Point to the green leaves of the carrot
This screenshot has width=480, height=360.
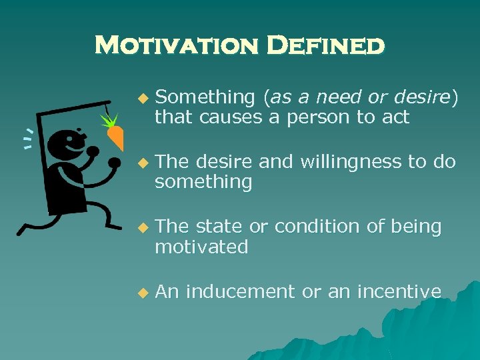[x=108, y=120]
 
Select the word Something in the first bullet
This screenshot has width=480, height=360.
[x=205, y=98]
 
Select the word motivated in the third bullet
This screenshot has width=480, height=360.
[x=201, y=247]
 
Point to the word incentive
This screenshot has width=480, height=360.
[x=399, y=291]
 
